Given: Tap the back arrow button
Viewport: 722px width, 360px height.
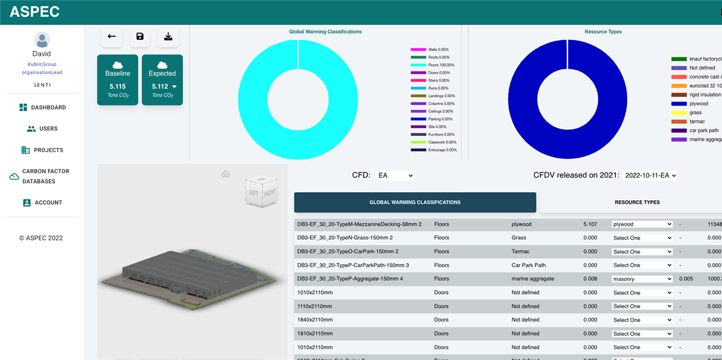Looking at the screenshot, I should (x=112, y=37).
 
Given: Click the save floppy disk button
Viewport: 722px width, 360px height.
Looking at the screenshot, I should (x=140, y=37).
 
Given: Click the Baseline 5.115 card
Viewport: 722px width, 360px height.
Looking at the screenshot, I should (x=117, y=80).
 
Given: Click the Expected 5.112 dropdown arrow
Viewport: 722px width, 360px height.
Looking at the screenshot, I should (x=174, y=87).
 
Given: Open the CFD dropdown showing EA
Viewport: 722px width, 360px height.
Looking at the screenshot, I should (x=395, y=175).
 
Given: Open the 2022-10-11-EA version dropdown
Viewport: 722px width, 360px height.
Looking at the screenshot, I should (x=650, y=175).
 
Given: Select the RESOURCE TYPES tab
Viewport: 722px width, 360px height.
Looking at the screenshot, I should (x=637, y=202).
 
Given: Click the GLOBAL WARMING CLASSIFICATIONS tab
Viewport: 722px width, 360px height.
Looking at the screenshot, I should (x=415, y=202).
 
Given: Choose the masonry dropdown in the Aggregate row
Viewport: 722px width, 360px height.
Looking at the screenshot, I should (x=642, y=279).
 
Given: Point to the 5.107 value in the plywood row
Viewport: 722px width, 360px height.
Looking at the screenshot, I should (x=590, y=224).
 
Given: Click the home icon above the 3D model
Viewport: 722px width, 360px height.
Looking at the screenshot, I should (x=226, y=174).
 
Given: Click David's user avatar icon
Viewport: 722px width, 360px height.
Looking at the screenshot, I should (x=42, y=40).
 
